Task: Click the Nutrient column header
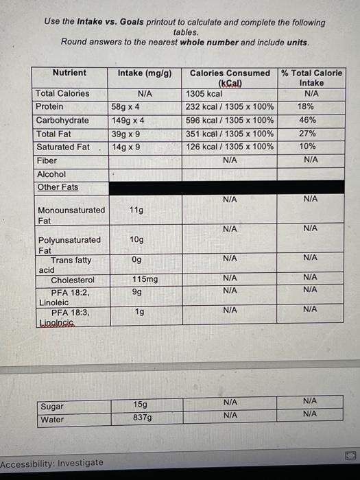point(69,73)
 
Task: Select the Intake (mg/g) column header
point(145,73)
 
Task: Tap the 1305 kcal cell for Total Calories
point(204,94)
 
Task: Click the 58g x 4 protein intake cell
point(126,107)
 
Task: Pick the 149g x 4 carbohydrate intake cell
point(128,120)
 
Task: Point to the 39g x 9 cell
point(126,134)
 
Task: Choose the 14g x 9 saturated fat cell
point(126,147)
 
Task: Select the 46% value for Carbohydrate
point(308,120)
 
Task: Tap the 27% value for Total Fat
point(308,134)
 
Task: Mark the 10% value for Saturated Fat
point(308,147)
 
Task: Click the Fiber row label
point(47,160)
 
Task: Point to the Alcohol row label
point(51,174)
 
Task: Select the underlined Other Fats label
point(58,187)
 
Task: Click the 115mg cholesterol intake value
point(145,280)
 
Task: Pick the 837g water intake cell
point(143,417)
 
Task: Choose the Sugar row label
point(52,406)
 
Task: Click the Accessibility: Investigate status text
point(52,463)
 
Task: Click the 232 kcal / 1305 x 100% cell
point(230,107)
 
